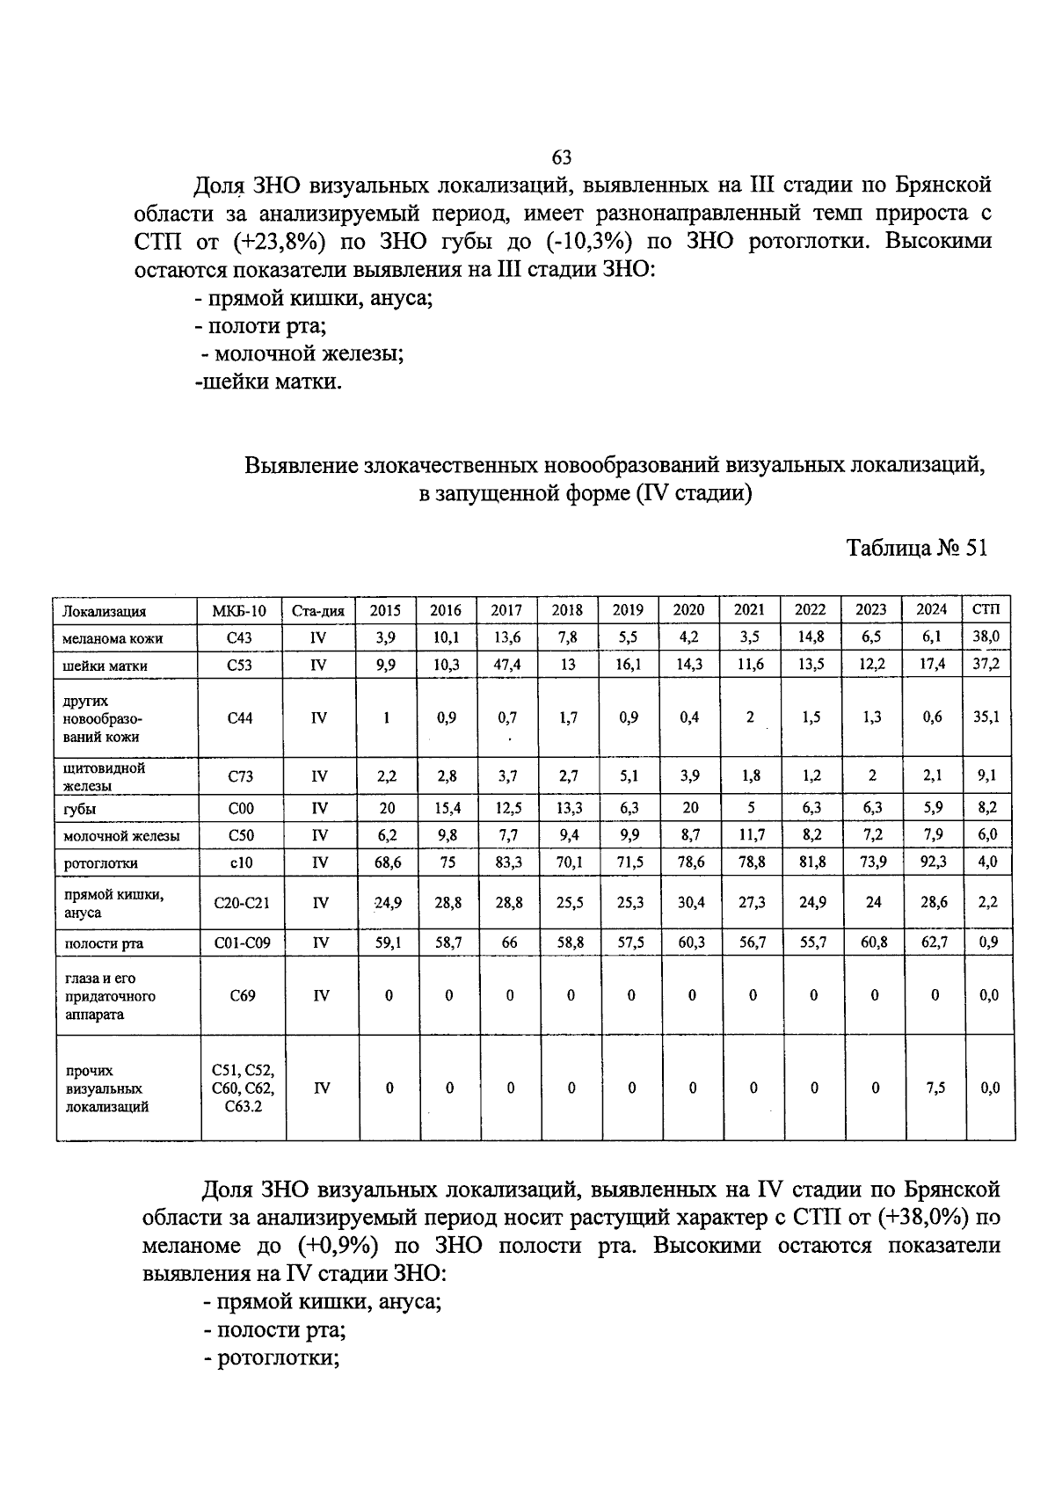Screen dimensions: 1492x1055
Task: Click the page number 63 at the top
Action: (x=562, y=157)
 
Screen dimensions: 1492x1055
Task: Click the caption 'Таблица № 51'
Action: (x=917, y=548)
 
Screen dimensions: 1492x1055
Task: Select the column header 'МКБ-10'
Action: (x=239, y=611)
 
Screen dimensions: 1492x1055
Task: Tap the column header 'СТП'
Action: (x=988, y=609)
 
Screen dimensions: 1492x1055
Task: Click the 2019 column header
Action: (x=628, y=610)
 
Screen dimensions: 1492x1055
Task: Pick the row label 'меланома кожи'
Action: (x=113, y=638)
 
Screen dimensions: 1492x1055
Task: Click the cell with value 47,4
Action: (x=506, y=666)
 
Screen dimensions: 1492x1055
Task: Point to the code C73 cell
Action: (x=239, y=776)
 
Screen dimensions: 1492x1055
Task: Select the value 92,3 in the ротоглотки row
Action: (x=933, y=862)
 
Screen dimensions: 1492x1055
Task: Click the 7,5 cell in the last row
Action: (x=935, y=1088)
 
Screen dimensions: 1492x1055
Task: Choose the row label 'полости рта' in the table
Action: (x=104, y=943)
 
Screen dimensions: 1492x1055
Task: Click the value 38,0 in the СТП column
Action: (x=986, y=637)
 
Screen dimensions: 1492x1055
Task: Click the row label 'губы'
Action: (x=80, y=809)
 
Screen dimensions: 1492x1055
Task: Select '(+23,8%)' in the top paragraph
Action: (x=280, y=241)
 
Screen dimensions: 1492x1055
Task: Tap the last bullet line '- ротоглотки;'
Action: (x=272, y=1357)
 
